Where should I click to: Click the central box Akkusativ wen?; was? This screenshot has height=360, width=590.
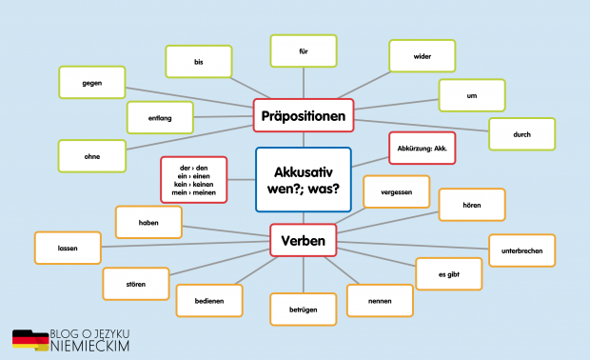coord(304,179)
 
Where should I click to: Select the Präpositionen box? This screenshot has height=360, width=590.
coord(304,117)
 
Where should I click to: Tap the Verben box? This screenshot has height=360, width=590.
coord(304,241)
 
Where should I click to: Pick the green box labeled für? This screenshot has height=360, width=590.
coord(304,50)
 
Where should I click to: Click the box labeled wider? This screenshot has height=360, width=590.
coord(423,56)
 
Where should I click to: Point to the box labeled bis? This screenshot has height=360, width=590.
coord(199,61)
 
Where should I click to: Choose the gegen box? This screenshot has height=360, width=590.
coord(91,82)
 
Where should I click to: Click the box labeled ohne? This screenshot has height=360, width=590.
coord(91,155)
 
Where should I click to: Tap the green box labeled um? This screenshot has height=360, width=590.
coord(471,95)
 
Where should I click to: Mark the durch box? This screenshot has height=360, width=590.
coord(521,134)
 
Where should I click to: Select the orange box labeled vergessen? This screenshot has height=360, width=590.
coord(396,191)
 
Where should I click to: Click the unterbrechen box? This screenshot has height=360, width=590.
coord(521,250)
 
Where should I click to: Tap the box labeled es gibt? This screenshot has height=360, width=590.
coord(448,273)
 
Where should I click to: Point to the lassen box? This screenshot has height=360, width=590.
coord(68,248)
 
